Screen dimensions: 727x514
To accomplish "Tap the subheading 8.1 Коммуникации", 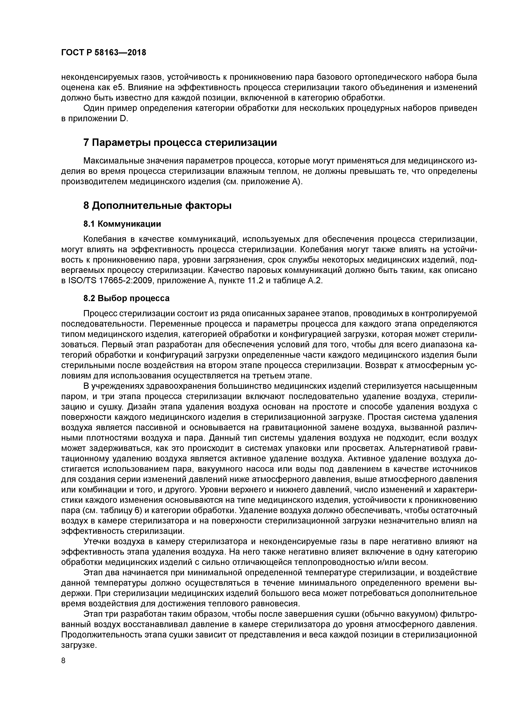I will click(122, 224).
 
